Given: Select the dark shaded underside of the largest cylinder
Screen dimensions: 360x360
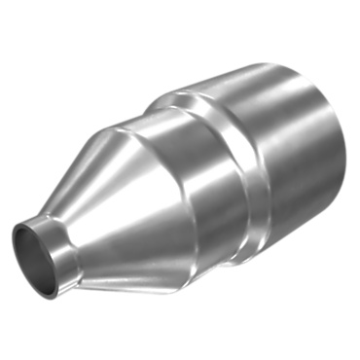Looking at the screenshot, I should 292,234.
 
